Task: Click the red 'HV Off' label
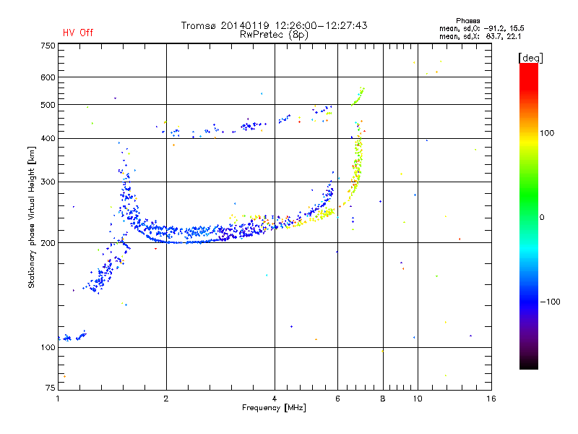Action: click(77, 33)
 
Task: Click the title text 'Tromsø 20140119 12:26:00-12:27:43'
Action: click(274, 25)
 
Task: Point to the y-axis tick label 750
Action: click(48, 46)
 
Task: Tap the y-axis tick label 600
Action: click(48, 77)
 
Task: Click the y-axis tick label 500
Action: click(48, 105)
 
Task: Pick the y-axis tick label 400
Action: click(48, 138)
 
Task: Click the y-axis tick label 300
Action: click(48, 182)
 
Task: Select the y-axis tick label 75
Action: click(50, 388)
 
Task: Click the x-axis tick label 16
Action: click(491, 399)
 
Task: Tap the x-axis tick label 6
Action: click(337, 399)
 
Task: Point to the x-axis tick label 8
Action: click(383, 399)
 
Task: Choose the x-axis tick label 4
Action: click(275, 399)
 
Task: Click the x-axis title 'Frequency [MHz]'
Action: click(274, 409)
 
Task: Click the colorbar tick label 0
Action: click(541, 217)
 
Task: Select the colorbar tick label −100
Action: click(548, 302)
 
